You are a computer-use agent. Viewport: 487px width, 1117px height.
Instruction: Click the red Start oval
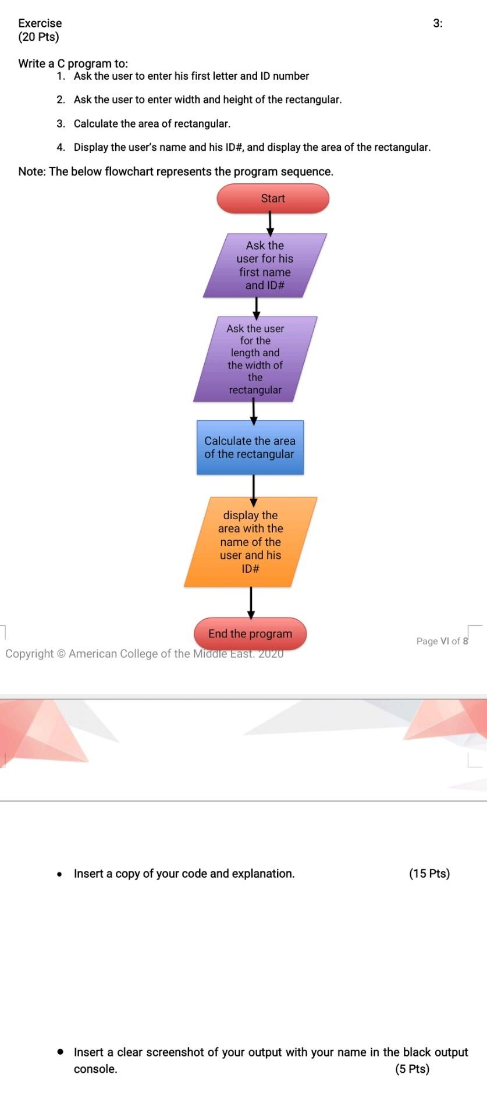click(x=273, y=198)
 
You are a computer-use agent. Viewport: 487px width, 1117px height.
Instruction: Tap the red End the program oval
click(x=250, y=634)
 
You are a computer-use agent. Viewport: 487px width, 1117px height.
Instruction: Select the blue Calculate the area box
click(x=250, y=448)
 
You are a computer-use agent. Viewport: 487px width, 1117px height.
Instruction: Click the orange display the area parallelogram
click(x=250, y=542)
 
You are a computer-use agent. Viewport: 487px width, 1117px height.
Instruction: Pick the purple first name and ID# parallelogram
click(x=265, y=265)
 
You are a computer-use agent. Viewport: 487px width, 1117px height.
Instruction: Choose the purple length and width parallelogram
click(x=255, y=359)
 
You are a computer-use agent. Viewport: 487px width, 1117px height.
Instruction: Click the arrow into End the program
click(x=251, y=602)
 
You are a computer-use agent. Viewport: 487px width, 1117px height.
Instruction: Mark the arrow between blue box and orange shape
click(x=253, y=487)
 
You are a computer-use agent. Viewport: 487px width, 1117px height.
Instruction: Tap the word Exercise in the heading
click(x=40, y=23)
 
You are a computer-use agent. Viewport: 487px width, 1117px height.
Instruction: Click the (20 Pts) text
click(x=38, y=37)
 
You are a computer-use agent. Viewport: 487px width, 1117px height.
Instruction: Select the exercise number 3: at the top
click(x=438, y=23)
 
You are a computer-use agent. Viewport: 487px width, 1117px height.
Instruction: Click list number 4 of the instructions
click(x=61, y=147)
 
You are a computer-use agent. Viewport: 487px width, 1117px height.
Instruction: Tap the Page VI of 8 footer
click(x=442, y=641)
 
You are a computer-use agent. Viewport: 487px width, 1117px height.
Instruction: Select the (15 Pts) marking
click(x=429, y=873)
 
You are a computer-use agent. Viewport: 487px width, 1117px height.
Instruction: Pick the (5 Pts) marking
click(x=412, y=1069)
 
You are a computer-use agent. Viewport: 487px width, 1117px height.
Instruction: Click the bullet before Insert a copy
click(x=60, y=874)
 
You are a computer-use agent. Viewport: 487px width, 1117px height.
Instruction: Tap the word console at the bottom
click(x=94, y=1069)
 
